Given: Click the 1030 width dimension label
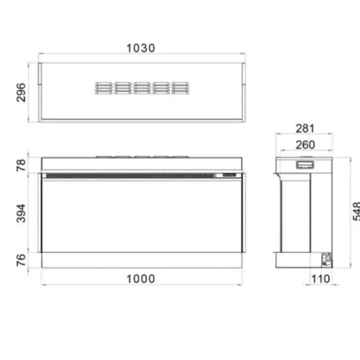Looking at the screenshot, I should point(141,48).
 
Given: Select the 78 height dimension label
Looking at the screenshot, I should point(22,164).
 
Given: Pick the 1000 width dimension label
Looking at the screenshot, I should point(141,279).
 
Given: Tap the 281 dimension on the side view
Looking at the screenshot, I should point(305,129).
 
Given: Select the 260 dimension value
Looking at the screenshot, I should point(305,145).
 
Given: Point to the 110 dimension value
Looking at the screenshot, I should point(320,279).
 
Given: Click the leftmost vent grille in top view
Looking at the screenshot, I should point(104,88).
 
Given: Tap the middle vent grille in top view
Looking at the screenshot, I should point(141,88).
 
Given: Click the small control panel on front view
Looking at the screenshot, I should point(229,176).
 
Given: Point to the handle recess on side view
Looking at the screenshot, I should point(304,164).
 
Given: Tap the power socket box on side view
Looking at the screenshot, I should point(326,258).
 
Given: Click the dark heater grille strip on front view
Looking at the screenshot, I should point(130,176).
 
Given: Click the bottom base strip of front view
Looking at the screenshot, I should point(141,260).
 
